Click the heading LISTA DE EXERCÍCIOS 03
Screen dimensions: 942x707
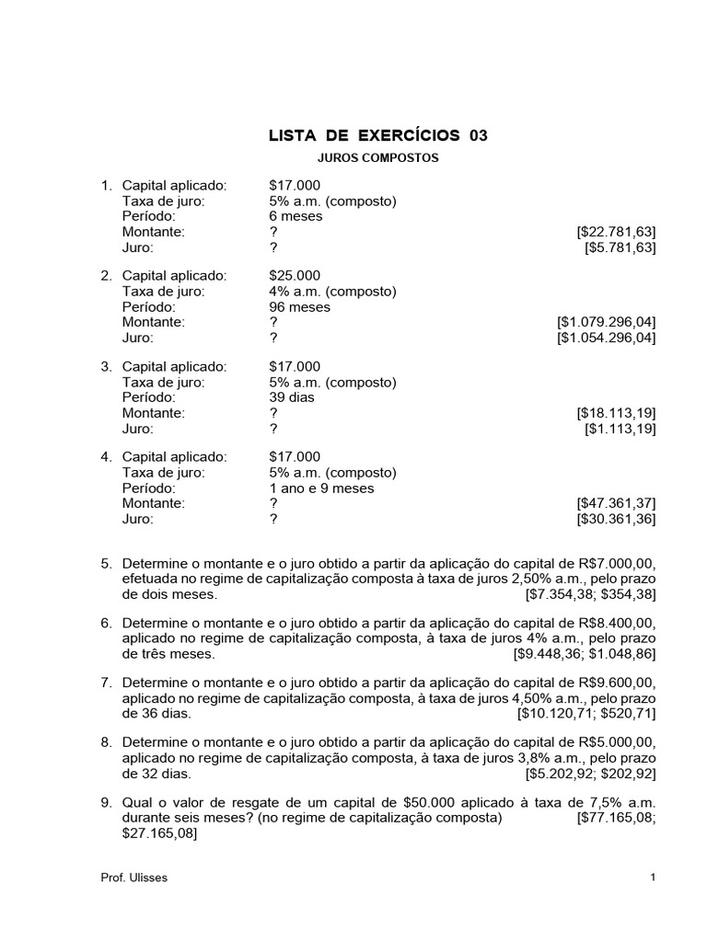click(377, 136)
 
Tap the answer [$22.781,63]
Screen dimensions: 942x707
click(616, 232)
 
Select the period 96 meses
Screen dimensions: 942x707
click(299, 307)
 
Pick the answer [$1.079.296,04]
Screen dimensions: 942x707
click(606, 323)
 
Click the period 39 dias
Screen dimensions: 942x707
click(292, 397)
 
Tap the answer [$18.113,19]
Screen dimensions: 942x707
click(616, 413)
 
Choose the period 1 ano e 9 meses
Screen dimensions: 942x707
click(321, 488)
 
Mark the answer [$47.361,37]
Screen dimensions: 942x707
click(616, 504)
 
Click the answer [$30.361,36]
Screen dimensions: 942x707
click(616, 520)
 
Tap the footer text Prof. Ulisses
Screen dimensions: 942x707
click(134, 878)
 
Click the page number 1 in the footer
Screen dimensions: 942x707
click(653, 878)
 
